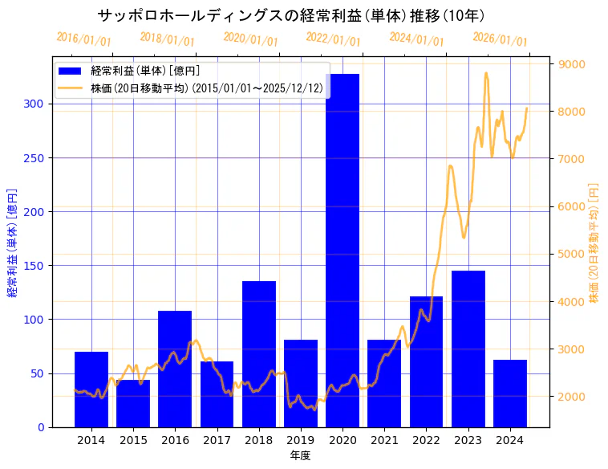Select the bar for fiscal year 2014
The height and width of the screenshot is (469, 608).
click(91, 389)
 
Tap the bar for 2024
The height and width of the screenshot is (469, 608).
click(510, 394)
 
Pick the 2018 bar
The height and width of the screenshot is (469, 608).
click(259, 354)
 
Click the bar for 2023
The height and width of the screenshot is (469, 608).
click(468, 349)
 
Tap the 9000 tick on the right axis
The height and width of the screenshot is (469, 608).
click(572, 64)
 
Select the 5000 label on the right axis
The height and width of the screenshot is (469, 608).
click(572, 255)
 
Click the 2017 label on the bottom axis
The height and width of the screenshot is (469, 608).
click(217, 440)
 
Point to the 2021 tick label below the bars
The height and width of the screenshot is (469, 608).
click(384, 440)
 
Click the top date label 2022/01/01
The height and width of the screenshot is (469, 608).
click(334, 39)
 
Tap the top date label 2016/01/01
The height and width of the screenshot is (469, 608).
click(84, 39)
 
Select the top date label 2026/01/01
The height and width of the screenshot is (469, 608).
click(501, 39)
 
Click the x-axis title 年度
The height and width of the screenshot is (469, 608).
click(300, 455)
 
